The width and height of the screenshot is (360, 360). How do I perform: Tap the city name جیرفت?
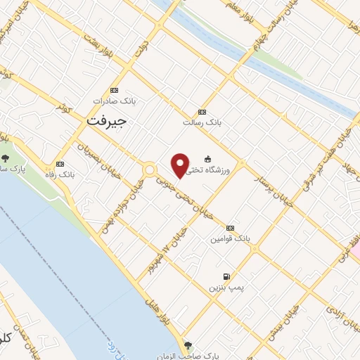point(107,122)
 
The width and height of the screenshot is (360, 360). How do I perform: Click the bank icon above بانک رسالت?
point(202,112)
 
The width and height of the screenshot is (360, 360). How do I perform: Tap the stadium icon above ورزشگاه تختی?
point(207,159)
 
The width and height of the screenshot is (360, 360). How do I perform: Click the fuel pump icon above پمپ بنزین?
point(226,276)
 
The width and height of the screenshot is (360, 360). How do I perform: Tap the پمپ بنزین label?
point(224,288)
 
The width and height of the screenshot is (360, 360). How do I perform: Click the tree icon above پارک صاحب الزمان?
point(187,345)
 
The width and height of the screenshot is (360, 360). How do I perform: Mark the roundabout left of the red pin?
point(149,169)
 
